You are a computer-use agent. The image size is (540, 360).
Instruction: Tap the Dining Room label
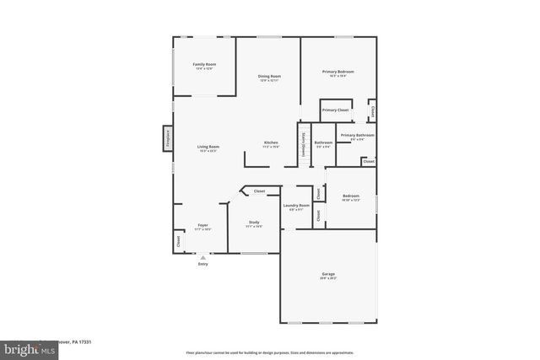[269, 77]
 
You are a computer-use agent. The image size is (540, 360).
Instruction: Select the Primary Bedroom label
[337, 72]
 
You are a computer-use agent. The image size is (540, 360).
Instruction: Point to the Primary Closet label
[336, 110]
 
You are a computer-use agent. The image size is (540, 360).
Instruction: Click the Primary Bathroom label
[358, 135]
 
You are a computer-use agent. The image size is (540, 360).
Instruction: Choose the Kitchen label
[271, 142]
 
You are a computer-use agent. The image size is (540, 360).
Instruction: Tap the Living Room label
[208, 148]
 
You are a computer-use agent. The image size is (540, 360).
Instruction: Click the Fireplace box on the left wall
[168, 138]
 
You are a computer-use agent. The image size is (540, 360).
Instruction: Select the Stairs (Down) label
[303, 144]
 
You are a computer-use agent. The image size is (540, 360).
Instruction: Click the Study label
[253, 222]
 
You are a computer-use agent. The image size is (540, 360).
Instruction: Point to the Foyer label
[202, 225]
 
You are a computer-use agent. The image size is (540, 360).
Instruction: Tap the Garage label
[328, 274]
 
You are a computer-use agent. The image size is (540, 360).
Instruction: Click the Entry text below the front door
[202, 265]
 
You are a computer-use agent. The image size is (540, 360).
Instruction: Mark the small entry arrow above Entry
[202, 257]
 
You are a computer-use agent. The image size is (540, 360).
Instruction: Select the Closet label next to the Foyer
[179, 240]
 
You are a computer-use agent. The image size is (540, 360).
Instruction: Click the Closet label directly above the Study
[260, 191]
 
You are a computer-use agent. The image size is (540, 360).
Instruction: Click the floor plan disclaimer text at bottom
[269, 352]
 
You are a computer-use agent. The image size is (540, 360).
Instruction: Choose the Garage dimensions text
[328, 278]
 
